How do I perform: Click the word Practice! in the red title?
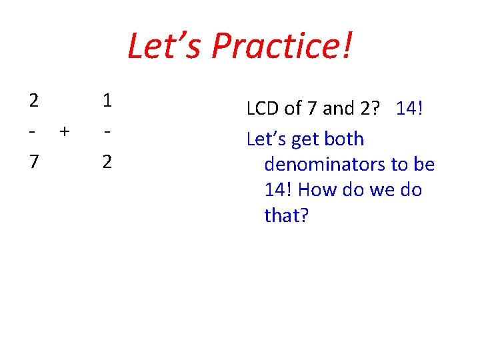coord(282,47)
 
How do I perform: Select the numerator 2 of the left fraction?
coord(34,101)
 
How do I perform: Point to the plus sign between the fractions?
coord(64,131)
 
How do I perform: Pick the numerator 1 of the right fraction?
coord(107,101)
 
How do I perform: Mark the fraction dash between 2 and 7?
coord(33,131)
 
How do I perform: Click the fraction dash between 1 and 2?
coord(107,131)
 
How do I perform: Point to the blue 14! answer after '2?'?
coord(410,107)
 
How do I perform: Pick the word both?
coord(345,139)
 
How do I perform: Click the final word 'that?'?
coord(287,215)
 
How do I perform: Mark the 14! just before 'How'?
coord(278,190)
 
